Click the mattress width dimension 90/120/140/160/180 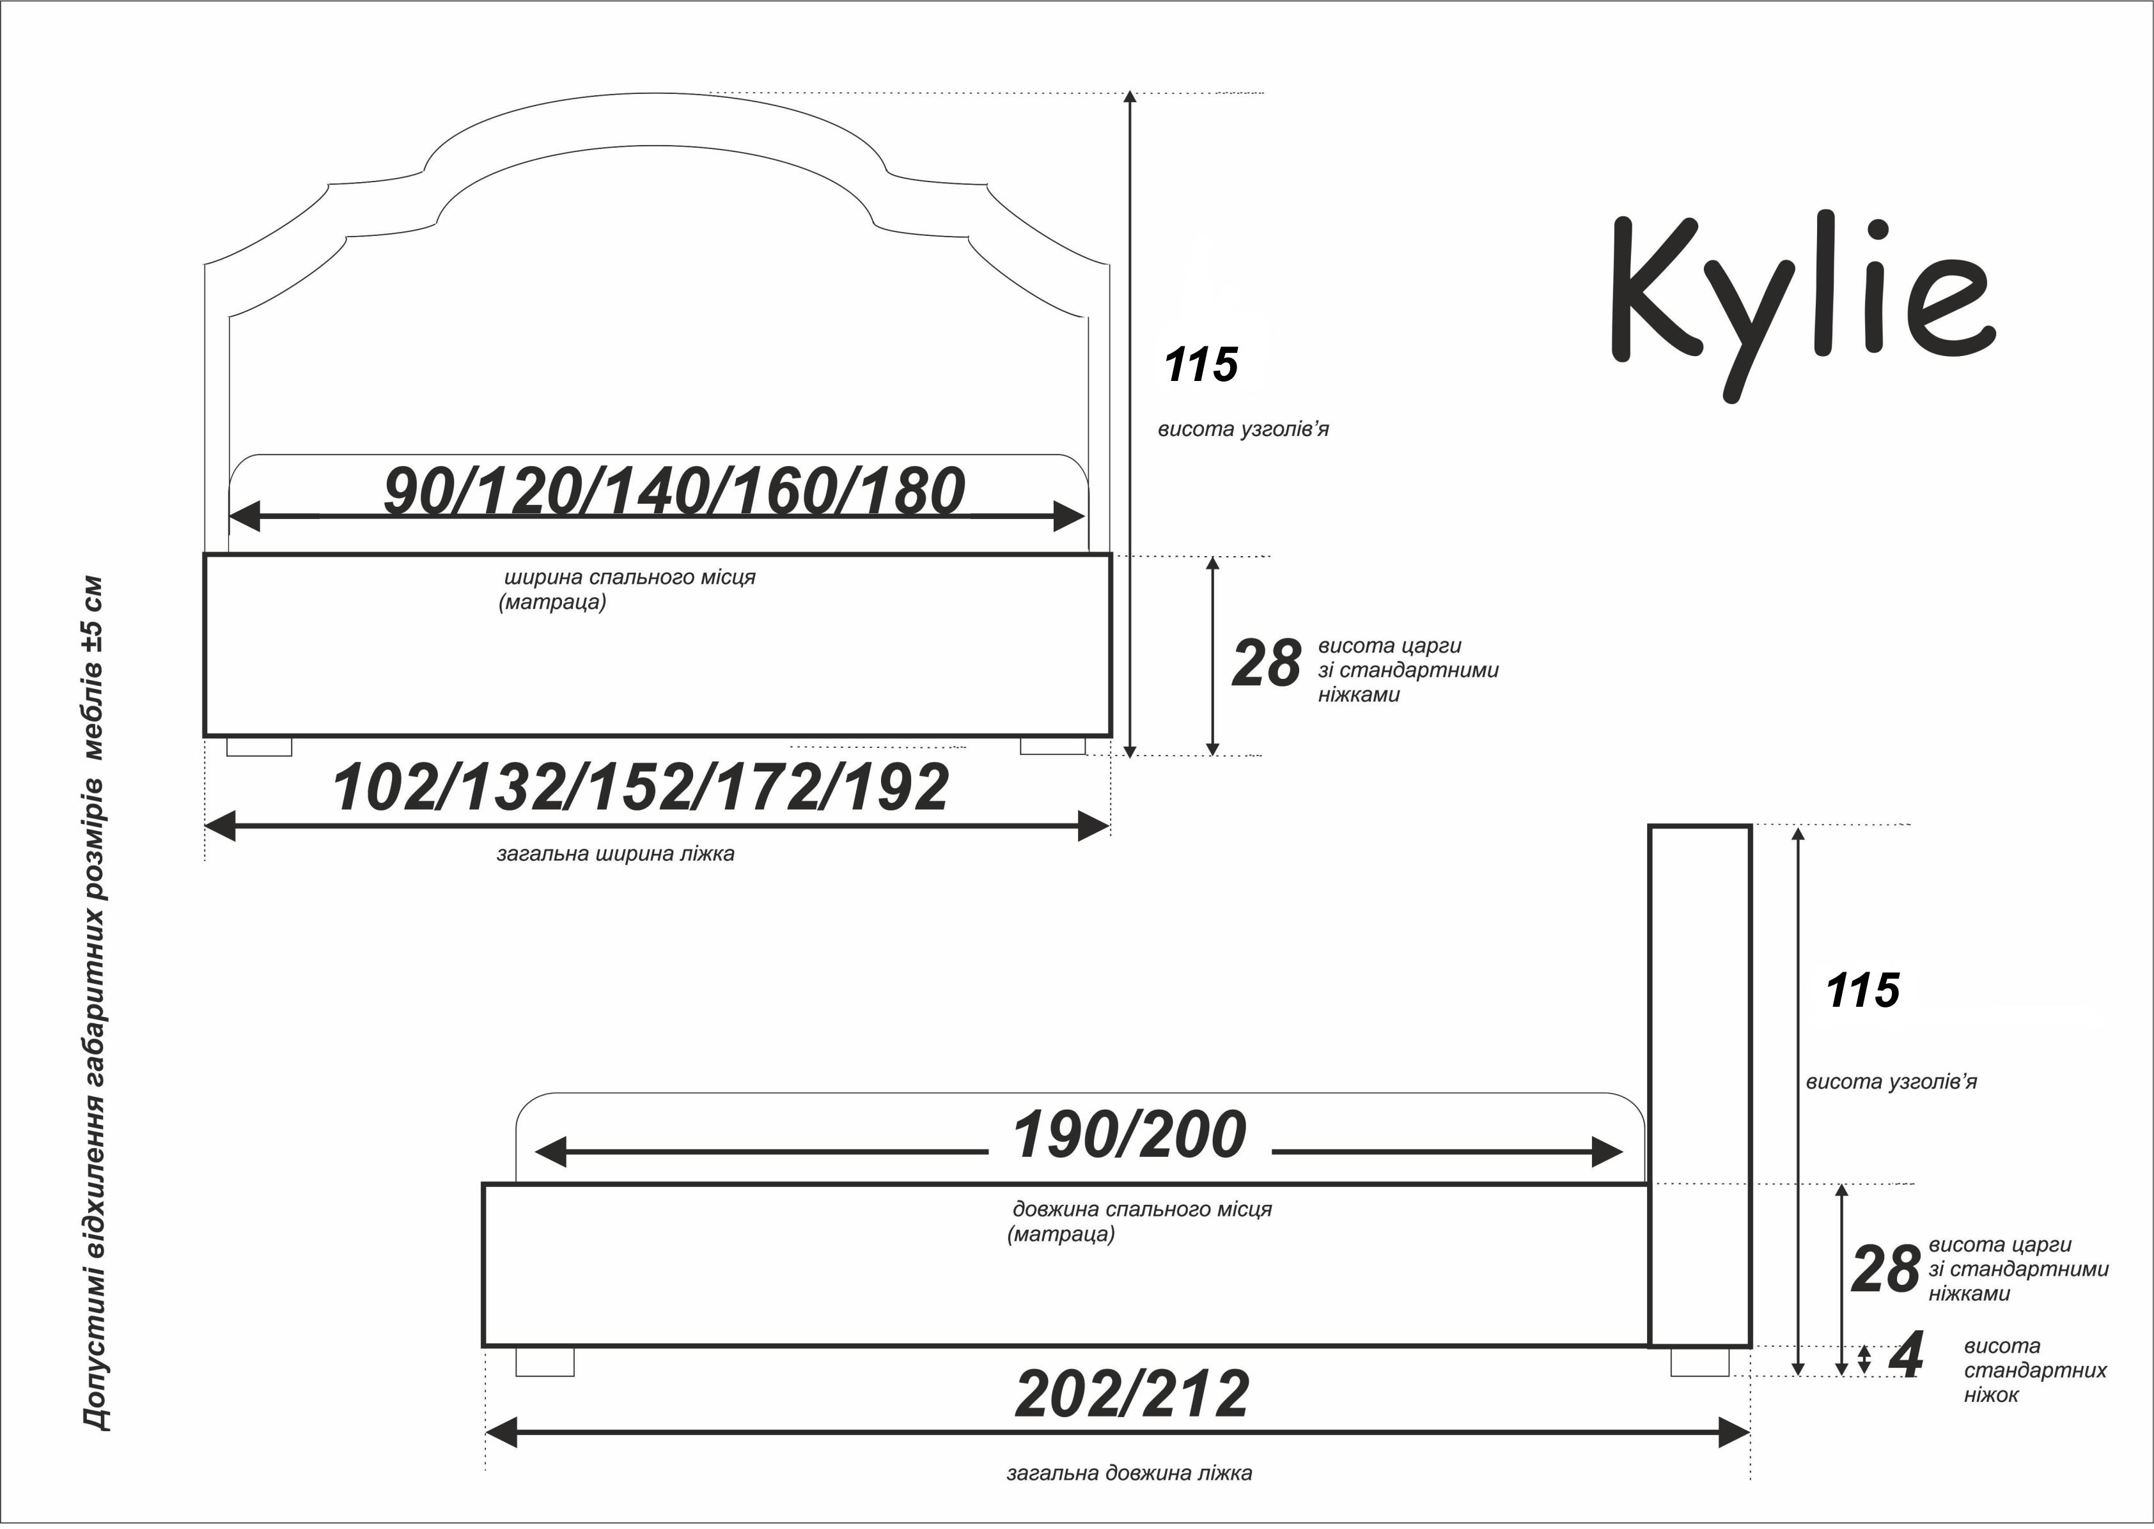(674, 492)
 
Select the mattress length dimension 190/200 (1128, 1135)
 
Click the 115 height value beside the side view (1862, 991)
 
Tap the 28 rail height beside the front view (1266, 664)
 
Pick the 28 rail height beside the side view (1885, 1269)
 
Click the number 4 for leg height (1907, 1356)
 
